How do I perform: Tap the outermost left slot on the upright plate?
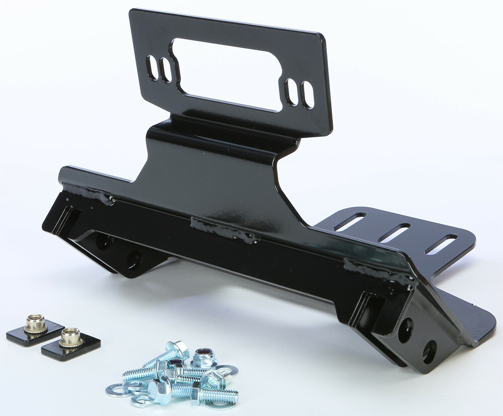(151, 67)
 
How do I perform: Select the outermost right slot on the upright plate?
(307, 95)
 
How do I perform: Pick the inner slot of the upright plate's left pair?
(165, 70)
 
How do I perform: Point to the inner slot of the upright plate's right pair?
(291, 92)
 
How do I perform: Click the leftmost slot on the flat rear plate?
(349, 222)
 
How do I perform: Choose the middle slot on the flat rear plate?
(394, 232)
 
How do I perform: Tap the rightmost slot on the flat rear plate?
(441, 244)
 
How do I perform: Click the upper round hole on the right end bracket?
(405, 330)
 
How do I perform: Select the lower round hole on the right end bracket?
(429, 352)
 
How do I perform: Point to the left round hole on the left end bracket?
(104, 241)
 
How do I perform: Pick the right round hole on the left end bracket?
(134, 259)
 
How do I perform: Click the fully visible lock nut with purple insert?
(204, 356)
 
